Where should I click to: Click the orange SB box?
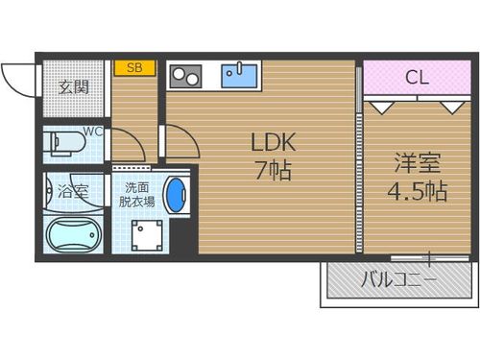(x=135, y=68)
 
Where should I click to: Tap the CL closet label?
(x=417, y=77)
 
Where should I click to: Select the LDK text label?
(x=273, y=142)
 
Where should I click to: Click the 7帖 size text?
(x=273, y=170)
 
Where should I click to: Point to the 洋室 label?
(x=418, y=163)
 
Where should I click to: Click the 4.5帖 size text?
(x=417, y=191)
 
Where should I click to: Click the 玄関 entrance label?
(x=73, y=87)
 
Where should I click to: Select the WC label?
(x=93, y=132)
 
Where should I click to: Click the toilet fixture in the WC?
(x=67, y=143)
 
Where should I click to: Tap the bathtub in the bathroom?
(x=74, y=235)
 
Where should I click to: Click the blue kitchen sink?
(x=239, y=75)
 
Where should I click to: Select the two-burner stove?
(x=185, y=76)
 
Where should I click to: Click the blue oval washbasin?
(x=176, y=195)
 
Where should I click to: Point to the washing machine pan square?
(x=147, y=235)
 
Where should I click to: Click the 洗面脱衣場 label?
(x=137, y=195)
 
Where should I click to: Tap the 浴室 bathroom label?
(x=73, y=192)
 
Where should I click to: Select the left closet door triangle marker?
(x=381, y=108)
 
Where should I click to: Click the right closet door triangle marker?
(x=452, y=108)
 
